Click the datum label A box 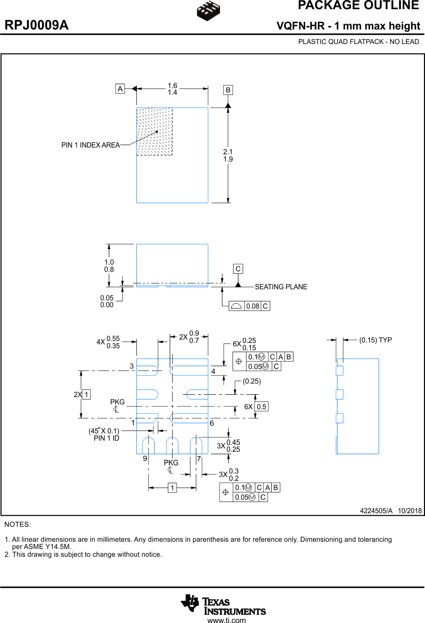point(120,89)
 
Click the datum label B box point(228,90)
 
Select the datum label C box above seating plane point(238,269)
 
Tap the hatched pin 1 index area point(154,131)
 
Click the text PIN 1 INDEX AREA point(90,145)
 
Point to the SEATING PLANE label point(281,287)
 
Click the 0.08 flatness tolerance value point(252,306)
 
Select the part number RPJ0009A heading point(37,26)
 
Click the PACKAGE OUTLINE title point(358,6)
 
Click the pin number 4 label point(213,371)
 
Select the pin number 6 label point(212,423)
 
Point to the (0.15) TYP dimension point(375,340)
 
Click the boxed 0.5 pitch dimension point(261,407)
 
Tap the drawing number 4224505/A point(376,511)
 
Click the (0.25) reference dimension point(251,381)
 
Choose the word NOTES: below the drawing point(17,524)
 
